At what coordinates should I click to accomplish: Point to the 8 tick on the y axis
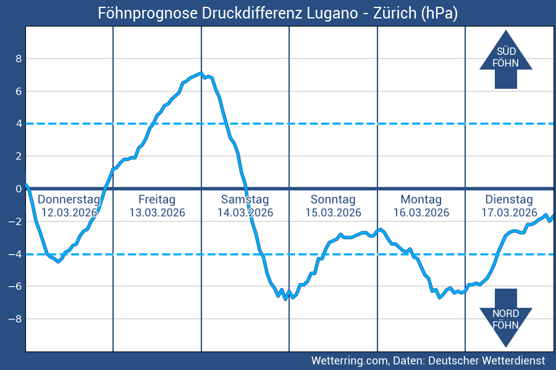pyautogui.click(x=19, y=59)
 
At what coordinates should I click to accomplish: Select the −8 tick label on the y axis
pyautogui.click(x=15, y=319)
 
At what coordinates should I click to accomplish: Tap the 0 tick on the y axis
pyautogui.click(x=19, y=189)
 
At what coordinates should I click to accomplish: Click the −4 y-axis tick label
pyautogui.click(x=15, y=254)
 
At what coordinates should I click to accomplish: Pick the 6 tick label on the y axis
pyautogui.click(x=19, y=91)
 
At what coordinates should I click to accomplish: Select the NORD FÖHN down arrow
pyautogui.click(x=505, y=317)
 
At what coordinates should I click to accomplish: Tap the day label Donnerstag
pyautogui.click(x=69, y=200)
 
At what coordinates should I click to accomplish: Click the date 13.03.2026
pyautogui.click(x=157, y=213)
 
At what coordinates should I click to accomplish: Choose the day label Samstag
pyautogui.click(x=245, y=200)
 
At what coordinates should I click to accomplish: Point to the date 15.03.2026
pyautogui.click(x=333, y=213)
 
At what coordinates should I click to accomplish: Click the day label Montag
pyautogui.click(x=421, y=200)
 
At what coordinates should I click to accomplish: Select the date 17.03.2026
pyautogui.click(x=509, y=213)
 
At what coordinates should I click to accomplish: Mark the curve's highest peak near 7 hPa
pyautogui.click(x=201, y=73)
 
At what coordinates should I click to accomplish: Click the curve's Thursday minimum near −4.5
pyautogui.click(x=59, y=261)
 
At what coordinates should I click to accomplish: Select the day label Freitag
pyautogui.click(x=157, y=200)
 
